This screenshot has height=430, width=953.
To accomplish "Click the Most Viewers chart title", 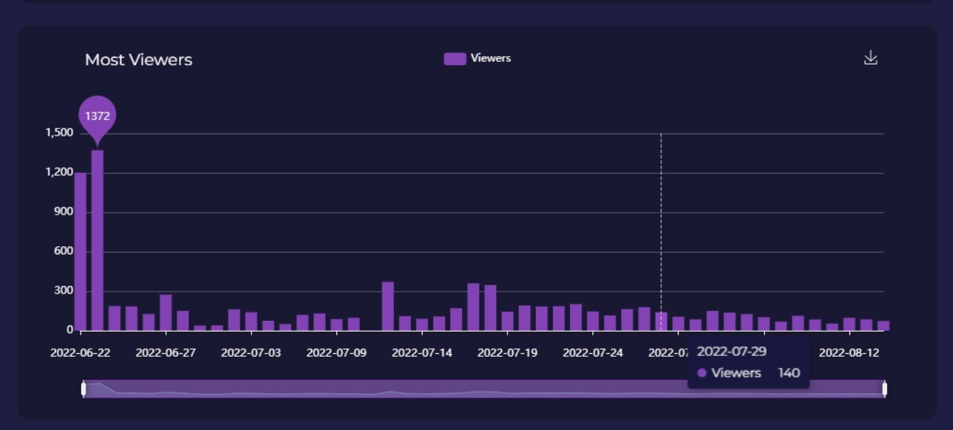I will click(139, 60).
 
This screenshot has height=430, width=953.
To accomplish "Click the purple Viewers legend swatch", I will click(455, 59).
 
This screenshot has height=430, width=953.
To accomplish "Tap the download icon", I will click(870, 57).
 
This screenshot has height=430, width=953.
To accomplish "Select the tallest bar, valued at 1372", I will click(97, 240).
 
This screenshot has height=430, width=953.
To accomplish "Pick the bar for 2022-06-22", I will click(80, 251).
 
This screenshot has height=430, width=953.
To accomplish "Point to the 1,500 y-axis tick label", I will click(60, 133).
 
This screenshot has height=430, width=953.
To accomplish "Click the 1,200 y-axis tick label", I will click(60, 172).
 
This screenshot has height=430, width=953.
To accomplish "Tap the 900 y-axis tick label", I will click(64, 212).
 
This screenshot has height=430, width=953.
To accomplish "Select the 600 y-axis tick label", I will click(64, 251).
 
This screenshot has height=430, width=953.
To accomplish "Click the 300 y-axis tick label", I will click(64, 291).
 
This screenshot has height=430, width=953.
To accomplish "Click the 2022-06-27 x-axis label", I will click(165, 352).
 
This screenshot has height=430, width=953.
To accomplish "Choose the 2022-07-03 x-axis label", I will click(251, 352).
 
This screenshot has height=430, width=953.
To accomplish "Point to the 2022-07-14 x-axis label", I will click(422, 352).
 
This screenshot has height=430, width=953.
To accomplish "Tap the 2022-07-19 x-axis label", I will click(507, 352).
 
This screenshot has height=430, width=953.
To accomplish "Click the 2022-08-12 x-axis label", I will click(849, 352).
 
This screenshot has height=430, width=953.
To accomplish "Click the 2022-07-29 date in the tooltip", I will click(732, 351).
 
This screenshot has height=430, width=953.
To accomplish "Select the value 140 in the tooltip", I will click(788, 373).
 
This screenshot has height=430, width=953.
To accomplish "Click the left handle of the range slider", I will click(83, 388).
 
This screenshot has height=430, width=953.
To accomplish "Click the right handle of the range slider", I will click(884, 388).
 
